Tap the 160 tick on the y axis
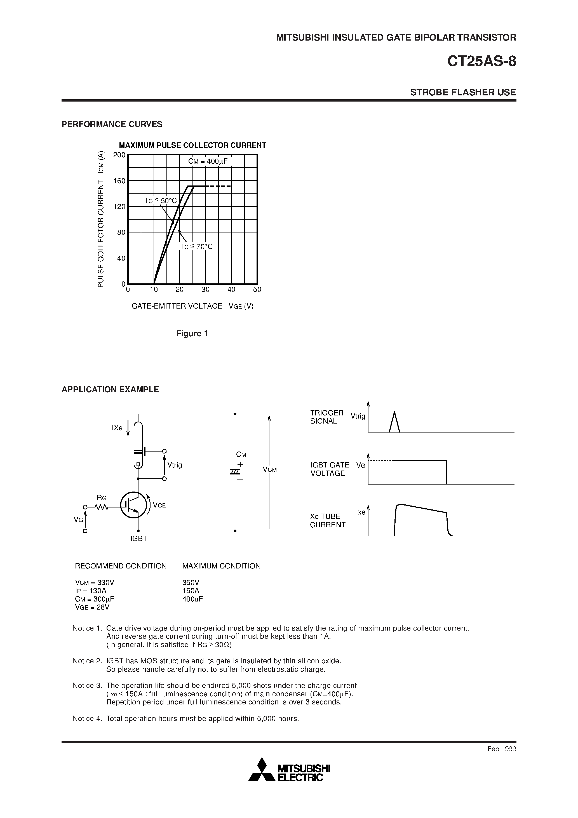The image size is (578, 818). point(119,181)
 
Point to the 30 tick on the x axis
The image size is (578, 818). point(205,290)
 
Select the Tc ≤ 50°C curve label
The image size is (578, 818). point(160,201)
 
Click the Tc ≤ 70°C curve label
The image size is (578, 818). point(196,246)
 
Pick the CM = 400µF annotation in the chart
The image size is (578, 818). point(208,162)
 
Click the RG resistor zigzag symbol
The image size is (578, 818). point(102,507)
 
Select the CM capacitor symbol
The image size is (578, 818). point(235,472)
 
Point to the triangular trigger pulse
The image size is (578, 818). point(394,422)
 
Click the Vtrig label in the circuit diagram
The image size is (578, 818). point(175,465)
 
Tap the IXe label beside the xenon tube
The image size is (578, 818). point(117,428)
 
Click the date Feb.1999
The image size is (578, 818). point(502,749)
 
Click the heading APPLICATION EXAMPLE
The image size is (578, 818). point(110,389)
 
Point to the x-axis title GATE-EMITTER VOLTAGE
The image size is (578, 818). point(177,306)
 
